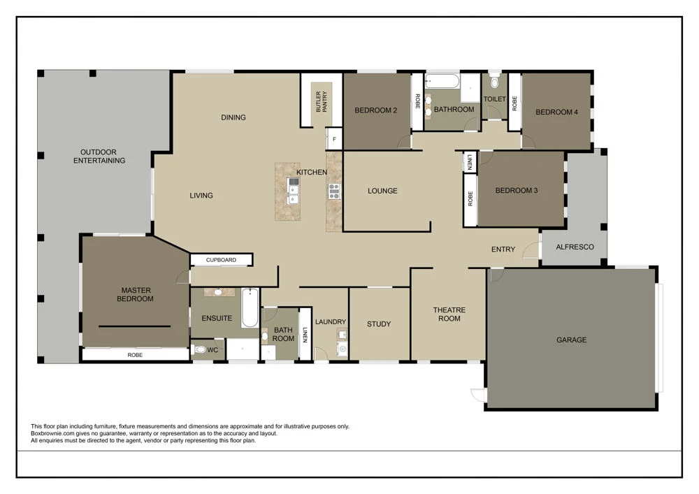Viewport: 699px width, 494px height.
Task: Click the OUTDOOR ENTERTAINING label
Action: tap(103, 156)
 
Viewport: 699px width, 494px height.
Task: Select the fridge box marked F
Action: tap(334, 139)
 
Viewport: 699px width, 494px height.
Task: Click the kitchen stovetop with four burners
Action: tap(334, 191)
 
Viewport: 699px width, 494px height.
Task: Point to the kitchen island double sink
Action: tap(294, 190)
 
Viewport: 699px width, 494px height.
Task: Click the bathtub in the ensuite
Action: tap(250, 308)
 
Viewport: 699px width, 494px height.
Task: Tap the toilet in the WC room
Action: tap(199, 350)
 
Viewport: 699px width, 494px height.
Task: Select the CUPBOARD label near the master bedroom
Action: tap(221, 260)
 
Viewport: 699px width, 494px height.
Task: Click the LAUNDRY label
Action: tap(330, 322)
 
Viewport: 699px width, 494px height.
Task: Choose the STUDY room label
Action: tap(379, 324)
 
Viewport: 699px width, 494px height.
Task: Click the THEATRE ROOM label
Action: tap(449, 314)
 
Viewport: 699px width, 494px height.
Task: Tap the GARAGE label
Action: tap(571, 340)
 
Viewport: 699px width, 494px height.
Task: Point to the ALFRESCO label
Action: tap(575, 247)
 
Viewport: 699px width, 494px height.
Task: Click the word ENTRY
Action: tap(503, 249)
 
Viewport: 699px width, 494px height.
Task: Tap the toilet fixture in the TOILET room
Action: tap(494, 75)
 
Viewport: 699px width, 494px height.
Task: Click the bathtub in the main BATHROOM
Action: tap(442, 82)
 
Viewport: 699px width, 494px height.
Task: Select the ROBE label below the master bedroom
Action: tap(135, 354)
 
